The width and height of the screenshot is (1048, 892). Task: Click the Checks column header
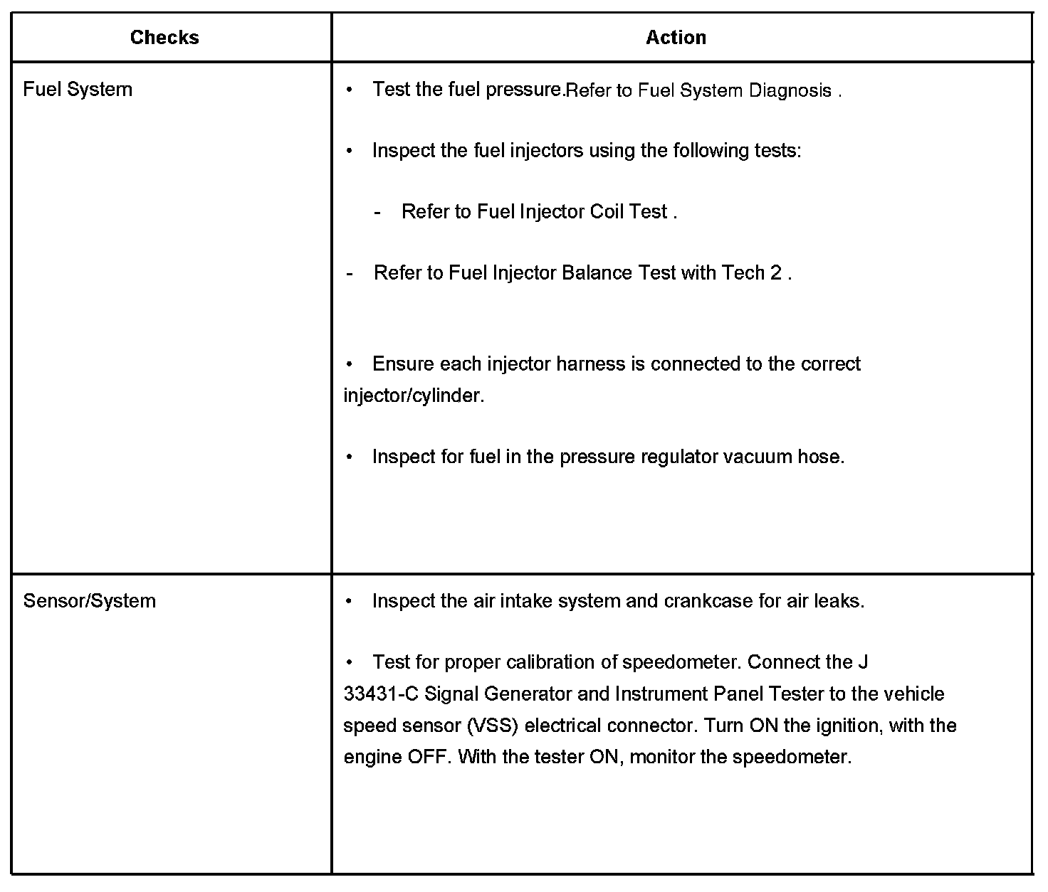(x=164, y=38)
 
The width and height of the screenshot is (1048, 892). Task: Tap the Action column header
(x=676, y=38)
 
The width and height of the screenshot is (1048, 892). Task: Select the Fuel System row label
(x=78, y=90)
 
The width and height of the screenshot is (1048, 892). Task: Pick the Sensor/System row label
(x=89, y=601)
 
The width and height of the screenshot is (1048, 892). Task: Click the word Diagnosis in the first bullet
(x=790, y=91)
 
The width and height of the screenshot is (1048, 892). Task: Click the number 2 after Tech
(x=775, y=273)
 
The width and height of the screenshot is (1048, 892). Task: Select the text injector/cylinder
(x=414, y=395)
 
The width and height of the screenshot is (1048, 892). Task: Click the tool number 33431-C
(x=381, y=694)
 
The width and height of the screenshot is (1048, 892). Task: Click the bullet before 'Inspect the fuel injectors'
(x=350, y=151)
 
